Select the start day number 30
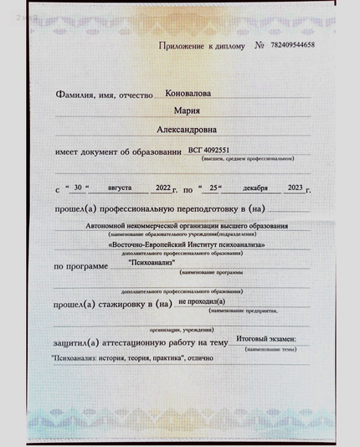tap(78, 188)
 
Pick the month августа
tap(108, 188)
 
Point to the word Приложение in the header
tap(183, 45)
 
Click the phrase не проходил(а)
tap(201, 301)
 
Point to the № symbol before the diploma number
tap(260, 45)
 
